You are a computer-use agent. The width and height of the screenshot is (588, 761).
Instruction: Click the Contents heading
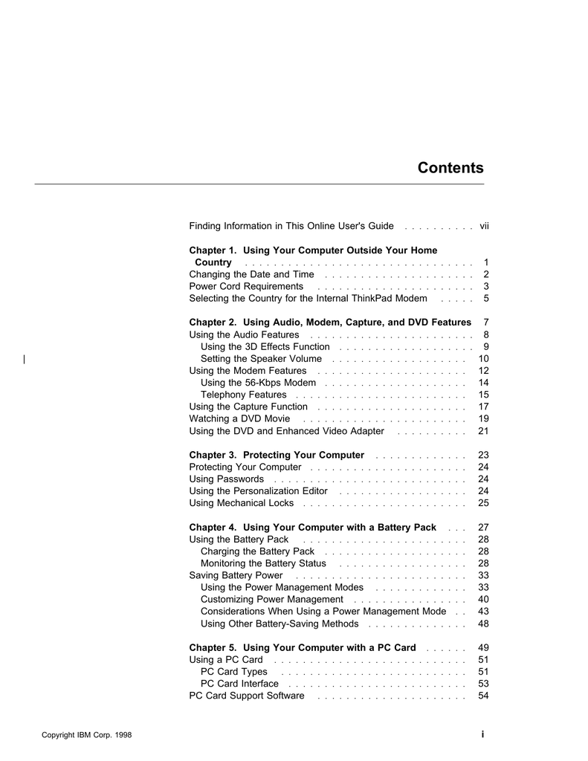450,168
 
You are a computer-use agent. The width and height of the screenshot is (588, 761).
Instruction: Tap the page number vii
483,226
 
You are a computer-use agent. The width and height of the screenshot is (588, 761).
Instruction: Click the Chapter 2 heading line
330,323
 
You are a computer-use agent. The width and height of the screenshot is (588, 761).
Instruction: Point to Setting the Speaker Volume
261,359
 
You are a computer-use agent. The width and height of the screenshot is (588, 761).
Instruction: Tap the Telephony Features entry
243,395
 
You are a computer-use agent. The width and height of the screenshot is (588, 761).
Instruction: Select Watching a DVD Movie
229,419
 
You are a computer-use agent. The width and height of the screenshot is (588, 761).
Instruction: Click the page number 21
483,431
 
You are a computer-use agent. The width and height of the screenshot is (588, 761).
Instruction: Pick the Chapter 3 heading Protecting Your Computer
277,456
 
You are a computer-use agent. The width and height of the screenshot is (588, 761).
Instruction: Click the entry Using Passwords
226,479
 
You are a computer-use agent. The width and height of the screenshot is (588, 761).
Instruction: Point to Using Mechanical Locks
241,503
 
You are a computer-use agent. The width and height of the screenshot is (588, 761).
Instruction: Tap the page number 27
483,528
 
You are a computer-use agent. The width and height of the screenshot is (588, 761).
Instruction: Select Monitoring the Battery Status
263,563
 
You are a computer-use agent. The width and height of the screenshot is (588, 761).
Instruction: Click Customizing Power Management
271,599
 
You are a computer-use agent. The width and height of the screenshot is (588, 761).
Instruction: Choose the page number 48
483,624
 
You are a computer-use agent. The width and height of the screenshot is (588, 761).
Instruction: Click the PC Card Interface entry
239,684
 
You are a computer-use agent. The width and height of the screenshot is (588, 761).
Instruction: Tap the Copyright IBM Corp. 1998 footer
86,735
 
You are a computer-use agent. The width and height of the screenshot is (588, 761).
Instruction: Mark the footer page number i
482,734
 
